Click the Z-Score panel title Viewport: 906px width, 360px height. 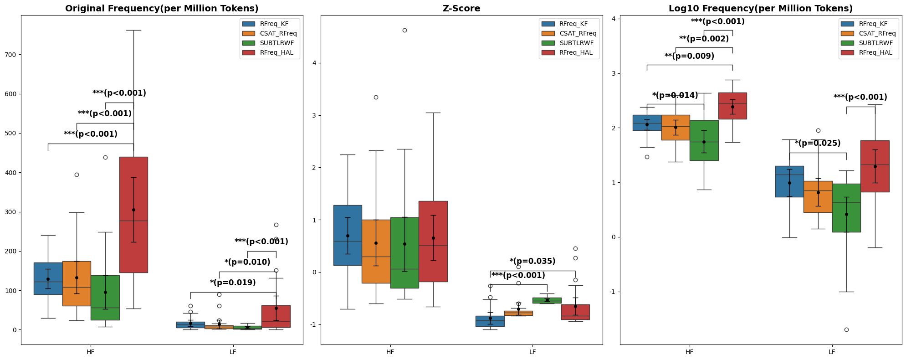tap(461, 8)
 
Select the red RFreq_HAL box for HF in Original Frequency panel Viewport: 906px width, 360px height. tap(133, 214)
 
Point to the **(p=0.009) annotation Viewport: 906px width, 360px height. tap(689, 57)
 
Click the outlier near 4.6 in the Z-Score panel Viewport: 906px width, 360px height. tap(404, 31)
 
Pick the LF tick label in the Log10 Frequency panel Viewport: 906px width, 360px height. tap(832, 352)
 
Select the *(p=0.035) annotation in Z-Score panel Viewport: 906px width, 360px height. tap(532, 262)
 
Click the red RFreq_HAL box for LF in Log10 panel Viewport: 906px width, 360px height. tap(875, 166)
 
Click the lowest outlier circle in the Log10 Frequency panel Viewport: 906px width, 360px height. tap(846, 329)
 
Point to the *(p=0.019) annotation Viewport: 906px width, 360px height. tap(233, 283)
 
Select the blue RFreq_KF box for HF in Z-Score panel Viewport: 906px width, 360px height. tap(348, 235)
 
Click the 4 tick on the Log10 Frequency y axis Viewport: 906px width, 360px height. tap(614, 19)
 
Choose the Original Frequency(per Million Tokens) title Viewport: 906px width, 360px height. tap(162, 8)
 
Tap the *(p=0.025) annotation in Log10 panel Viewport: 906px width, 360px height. tap(818, 144)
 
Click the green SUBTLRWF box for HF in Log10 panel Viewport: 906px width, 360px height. tap(704, 140)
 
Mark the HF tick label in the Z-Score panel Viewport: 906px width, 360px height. tap(390, 352)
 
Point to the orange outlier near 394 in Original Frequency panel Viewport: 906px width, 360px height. tap(77, 175)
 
